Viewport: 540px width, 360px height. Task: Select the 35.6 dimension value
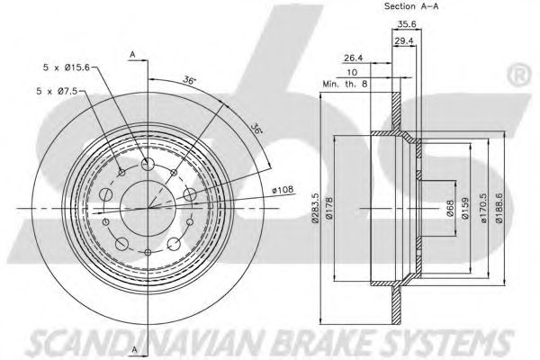[405, 25]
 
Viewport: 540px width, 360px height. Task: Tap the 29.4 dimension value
[404, 41]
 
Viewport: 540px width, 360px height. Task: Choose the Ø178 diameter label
[329, 208]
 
